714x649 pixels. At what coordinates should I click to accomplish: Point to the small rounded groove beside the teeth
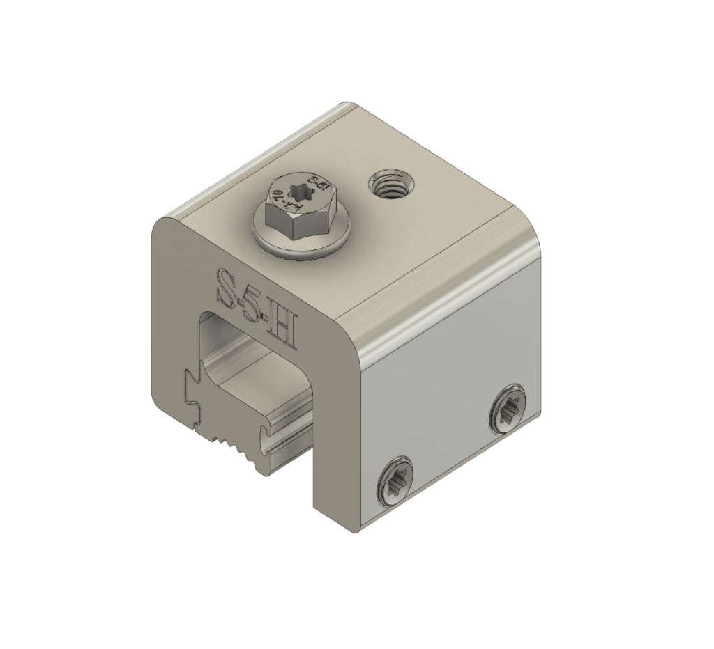[264, 435]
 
